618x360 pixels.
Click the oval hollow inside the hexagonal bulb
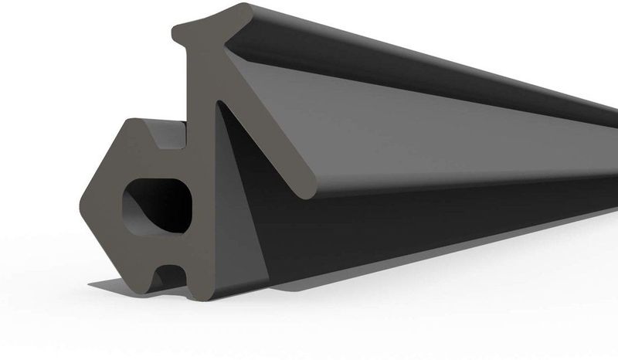pos(154,205)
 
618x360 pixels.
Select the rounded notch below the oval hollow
pos(167,275)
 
